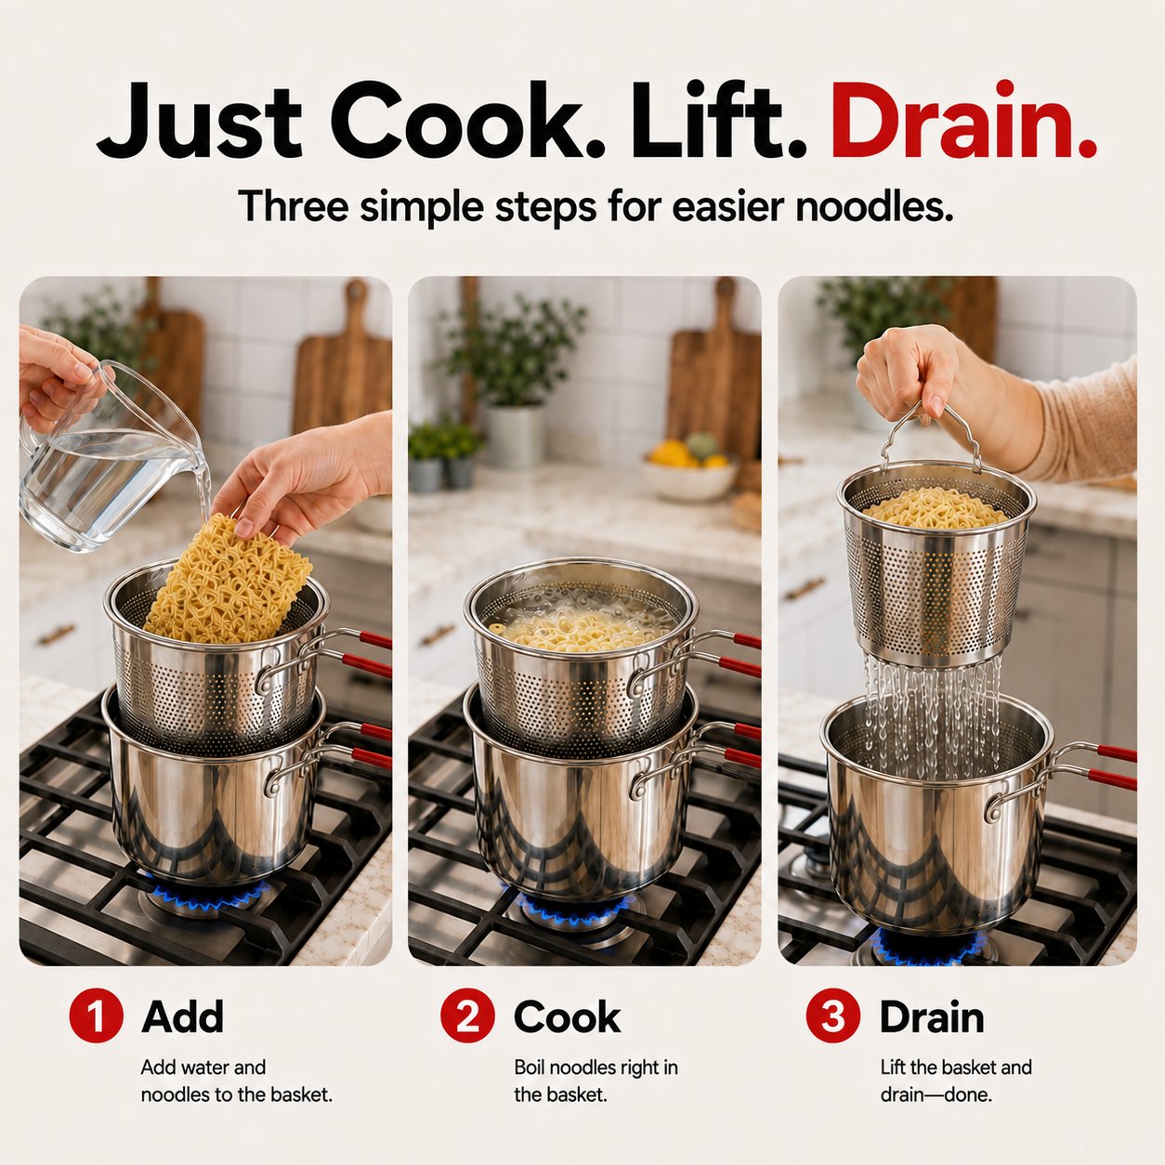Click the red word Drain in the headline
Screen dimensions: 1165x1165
tap(963, 121)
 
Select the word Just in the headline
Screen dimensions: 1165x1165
tap(199, 124)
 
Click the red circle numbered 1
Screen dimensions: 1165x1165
tap(96, 1015)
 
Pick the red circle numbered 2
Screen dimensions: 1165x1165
tap(467, 1015)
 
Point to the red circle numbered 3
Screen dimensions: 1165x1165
tap(833, 1015)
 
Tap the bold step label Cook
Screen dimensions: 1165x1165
tap(567, 1016)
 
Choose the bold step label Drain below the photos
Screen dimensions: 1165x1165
tap(932, 1016)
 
